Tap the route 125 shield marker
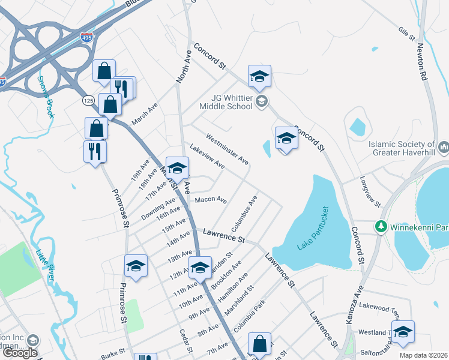pyautogui.click(x=89, y=101)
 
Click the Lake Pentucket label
pyautogui.click(x=313, y=229)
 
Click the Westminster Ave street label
pyautogui.click(x=227, y=149)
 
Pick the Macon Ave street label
pyautogui.click(x=211, y=199)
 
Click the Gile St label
pyautogui.click(x=407, y=33)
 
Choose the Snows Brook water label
pyautogui.click(x=47, y=96)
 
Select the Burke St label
pyautogui.click(x=113, y=352)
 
